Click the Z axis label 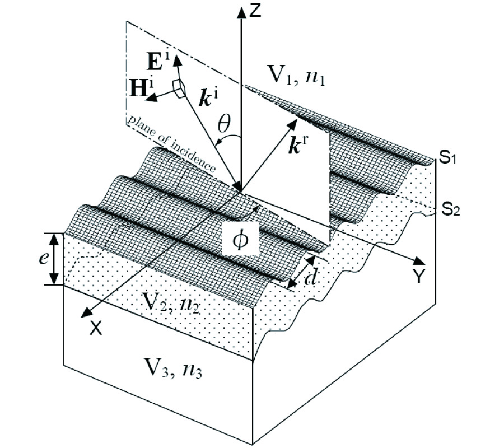pos(256,12)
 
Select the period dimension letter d pos(309,277)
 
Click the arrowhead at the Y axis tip pos(418,260)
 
